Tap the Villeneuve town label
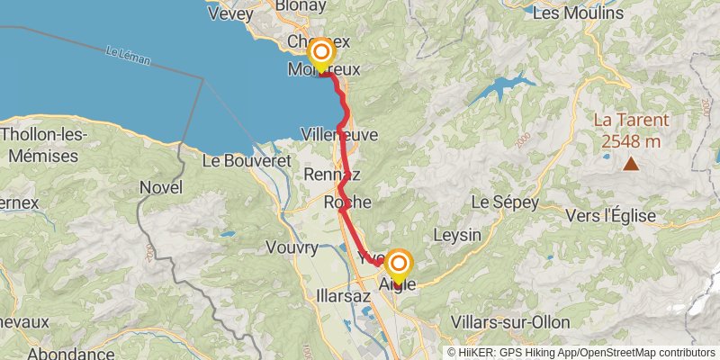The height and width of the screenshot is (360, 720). pos(340,134)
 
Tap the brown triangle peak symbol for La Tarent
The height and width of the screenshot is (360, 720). pos(632,163)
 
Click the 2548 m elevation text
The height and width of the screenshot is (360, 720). pos(631,140)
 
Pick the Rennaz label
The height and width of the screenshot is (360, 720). pos(332,173)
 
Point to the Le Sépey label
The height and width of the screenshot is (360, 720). pos(503,202)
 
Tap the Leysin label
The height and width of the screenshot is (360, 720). pos(457,235)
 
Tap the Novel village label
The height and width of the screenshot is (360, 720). pos(161,187)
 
